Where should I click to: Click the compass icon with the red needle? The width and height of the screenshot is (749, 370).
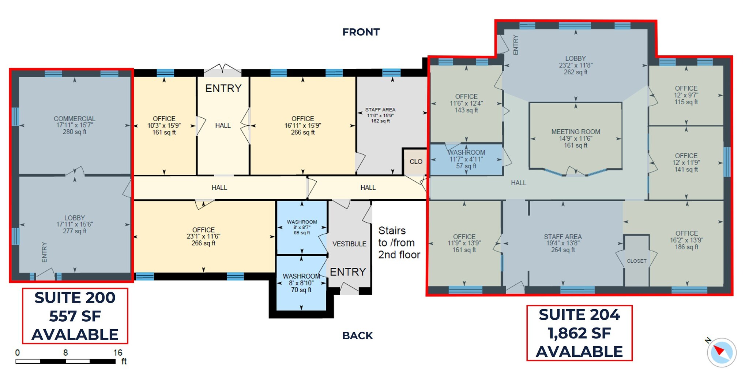(x=721, y=352)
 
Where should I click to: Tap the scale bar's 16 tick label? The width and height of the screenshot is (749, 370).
(x=118, y=352)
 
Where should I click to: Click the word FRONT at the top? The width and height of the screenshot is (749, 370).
(x=361, y=32)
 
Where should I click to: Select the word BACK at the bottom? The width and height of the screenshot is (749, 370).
(x=357, y=336)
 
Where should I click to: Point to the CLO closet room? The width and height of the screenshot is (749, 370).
(x=416, y=162)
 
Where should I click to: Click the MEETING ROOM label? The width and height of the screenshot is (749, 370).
(x=576, y=138)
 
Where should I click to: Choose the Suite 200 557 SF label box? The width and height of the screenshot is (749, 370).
(x=75, y=316)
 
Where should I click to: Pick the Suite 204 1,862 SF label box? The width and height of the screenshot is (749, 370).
(x=579, y=333)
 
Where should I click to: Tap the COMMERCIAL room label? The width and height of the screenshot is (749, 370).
(x=75, y=125)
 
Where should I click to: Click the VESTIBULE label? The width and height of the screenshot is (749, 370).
(x=349, y=244)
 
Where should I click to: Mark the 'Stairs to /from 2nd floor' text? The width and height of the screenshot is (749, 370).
(x=399, y=243)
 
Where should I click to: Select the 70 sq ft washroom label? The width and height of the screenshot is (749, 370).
(x=301, y=283)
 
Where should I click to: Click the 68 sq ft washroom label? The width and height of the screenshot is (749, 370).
(x=302, y=227)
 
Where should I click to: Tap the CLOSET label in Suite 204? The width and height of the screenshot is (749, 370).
(x=636, y=261)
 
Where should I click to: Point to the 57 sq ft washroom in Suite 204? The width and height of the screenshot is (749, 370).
(x=466, y=159)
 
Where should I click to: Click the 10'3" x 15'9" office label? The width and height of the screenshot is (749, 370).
(x=164, y=125)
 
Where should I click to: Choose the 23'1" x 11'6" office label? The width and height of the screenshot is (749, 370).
(x=203, y=236)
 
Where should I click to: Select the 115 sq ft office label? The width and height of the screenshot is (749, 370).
(x=686, y=95)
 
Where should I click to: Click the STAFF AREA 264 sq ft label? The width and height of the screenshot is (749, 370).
(x=563, y=243)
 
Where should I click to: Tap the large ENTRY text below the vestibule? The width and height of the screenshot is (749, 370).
(x=348, y=272)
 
